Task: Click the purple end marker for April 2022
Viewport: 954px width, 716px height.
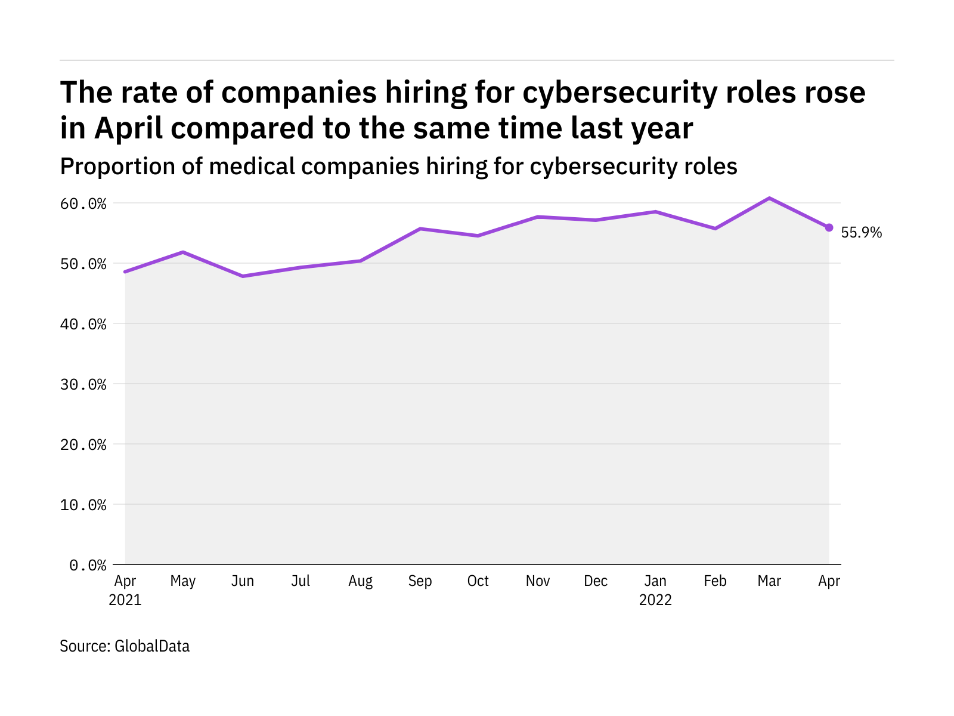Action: coord(829,227)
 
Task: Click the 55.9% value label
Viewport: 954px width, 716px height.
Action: coord(861,233)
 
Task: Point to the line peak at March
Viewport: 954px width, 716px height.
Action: coord(770,198)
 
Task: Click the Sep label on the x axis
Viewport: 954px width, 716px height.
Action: coord(420,581)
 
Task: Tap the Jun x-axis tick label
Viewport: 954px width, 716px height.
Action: coord(243,581)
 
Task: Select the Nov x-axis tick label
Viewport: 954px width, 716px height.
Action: coord(537,581)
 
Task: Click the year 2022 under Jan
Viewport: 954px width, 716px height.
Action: coord(655,600)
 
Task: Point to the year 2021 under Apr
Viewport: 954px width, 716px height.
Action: coord(125,600)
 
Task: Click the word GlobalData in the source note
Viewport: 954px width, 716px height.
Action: coord(152,646)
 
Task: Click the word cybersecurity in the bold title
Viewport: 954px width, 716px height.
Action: coord(620,93)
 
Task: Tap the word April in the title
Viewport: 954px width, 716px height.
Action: coord(128,129)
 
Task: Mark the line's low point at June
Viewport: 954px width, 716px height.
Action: coord(243,276)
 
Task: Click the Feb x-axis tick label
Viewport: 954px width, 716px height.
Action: coord(715,581)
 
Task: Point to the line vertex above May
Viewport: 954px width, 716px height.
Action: coord(183,252)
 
